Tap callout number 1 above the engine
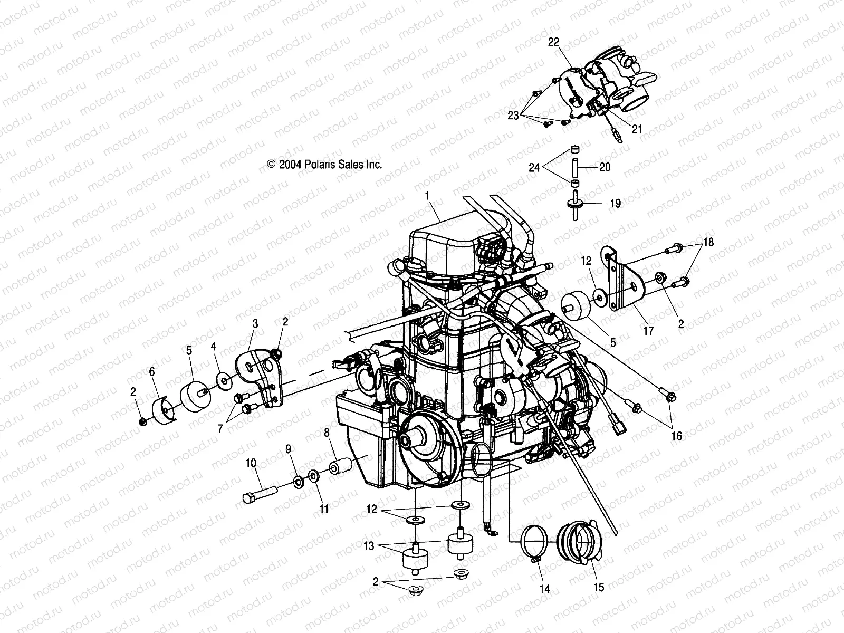(x=427, y=196)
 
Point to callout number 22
(x=553, y=43)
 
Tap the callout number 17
(x=648, y=331)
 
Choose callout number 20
(x=605, y=167)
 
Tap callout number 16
(x=676, y=436)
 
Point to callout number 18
(x=708, y=243)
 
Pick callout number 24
(x=535, y=168)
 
